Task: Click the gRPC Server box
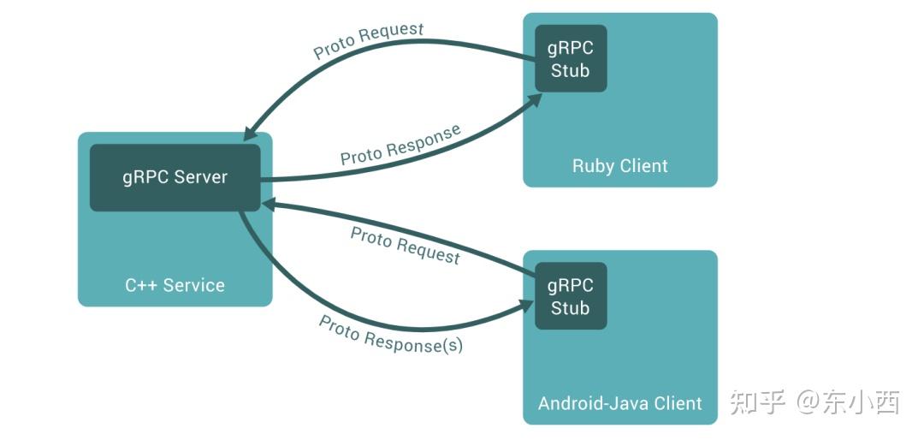pos(175,177)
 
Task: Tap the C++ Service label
pos(175,285)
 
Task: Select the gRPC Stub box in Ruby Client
pos(571,58)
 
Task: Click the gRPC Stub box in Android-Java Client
pos(571,296)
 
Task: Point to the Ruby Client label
pos(620,166)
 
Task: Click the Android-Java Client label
pos(620,403)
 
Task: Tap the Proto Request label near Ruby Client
pos(368,41)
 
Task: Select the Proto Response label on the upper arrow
pos(400,145)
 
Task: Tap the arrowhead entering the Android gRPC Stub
pos(526,305)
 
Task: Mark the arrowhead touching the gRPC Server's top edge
pos(252,134)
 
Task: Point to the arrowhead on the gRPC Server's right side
pos(269,205)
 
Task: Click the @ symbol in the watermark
pos(808,403)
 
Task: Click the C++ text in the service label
pos(141,285)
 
